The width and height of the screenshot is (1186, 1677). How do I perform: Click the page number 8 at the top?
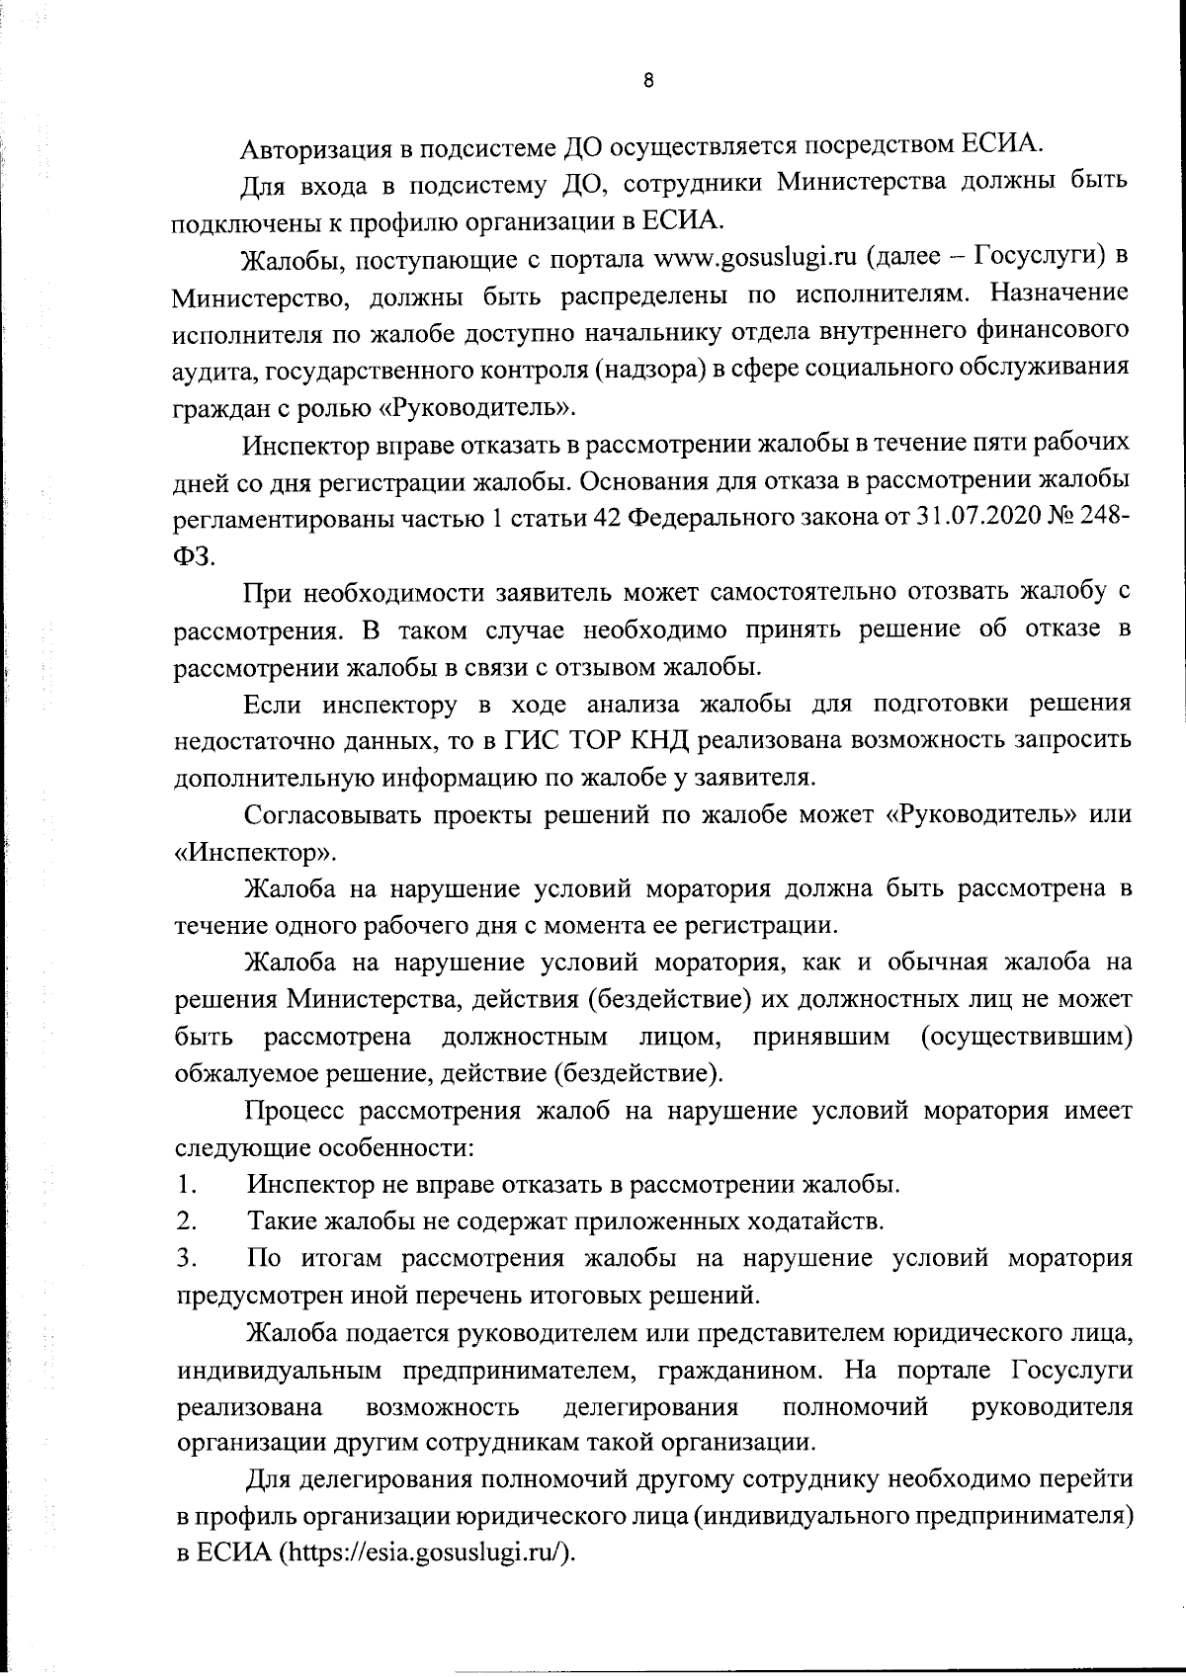coord(647,82)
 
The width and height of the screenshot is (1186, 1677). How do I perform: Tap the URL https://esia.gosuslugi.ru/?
coord(426,1551)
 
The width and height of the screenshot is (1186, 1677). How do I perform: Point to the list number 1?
coord(185,1184)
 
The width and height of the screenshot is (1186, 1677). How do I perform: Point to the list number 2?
coord(185,1221)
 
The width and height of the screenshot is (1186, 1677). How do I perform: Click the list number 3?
coord(185,1259)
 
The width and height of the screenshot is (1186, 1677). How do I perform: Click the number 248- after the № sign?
coord(1106,518)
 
